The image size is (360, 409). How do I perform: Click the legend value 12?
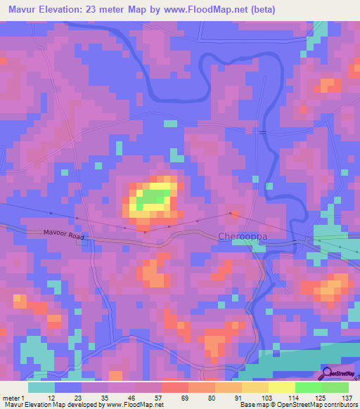(51, 397)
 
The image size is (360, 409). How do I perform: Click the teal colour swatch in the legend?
(41, 387)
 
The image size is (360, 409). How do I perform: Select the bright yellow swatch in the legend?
(282, 387)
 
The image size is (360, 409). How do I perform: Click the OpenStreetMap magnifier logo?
(327, 373)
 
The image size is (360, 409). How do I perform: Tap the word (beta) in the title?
(262, 9)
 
